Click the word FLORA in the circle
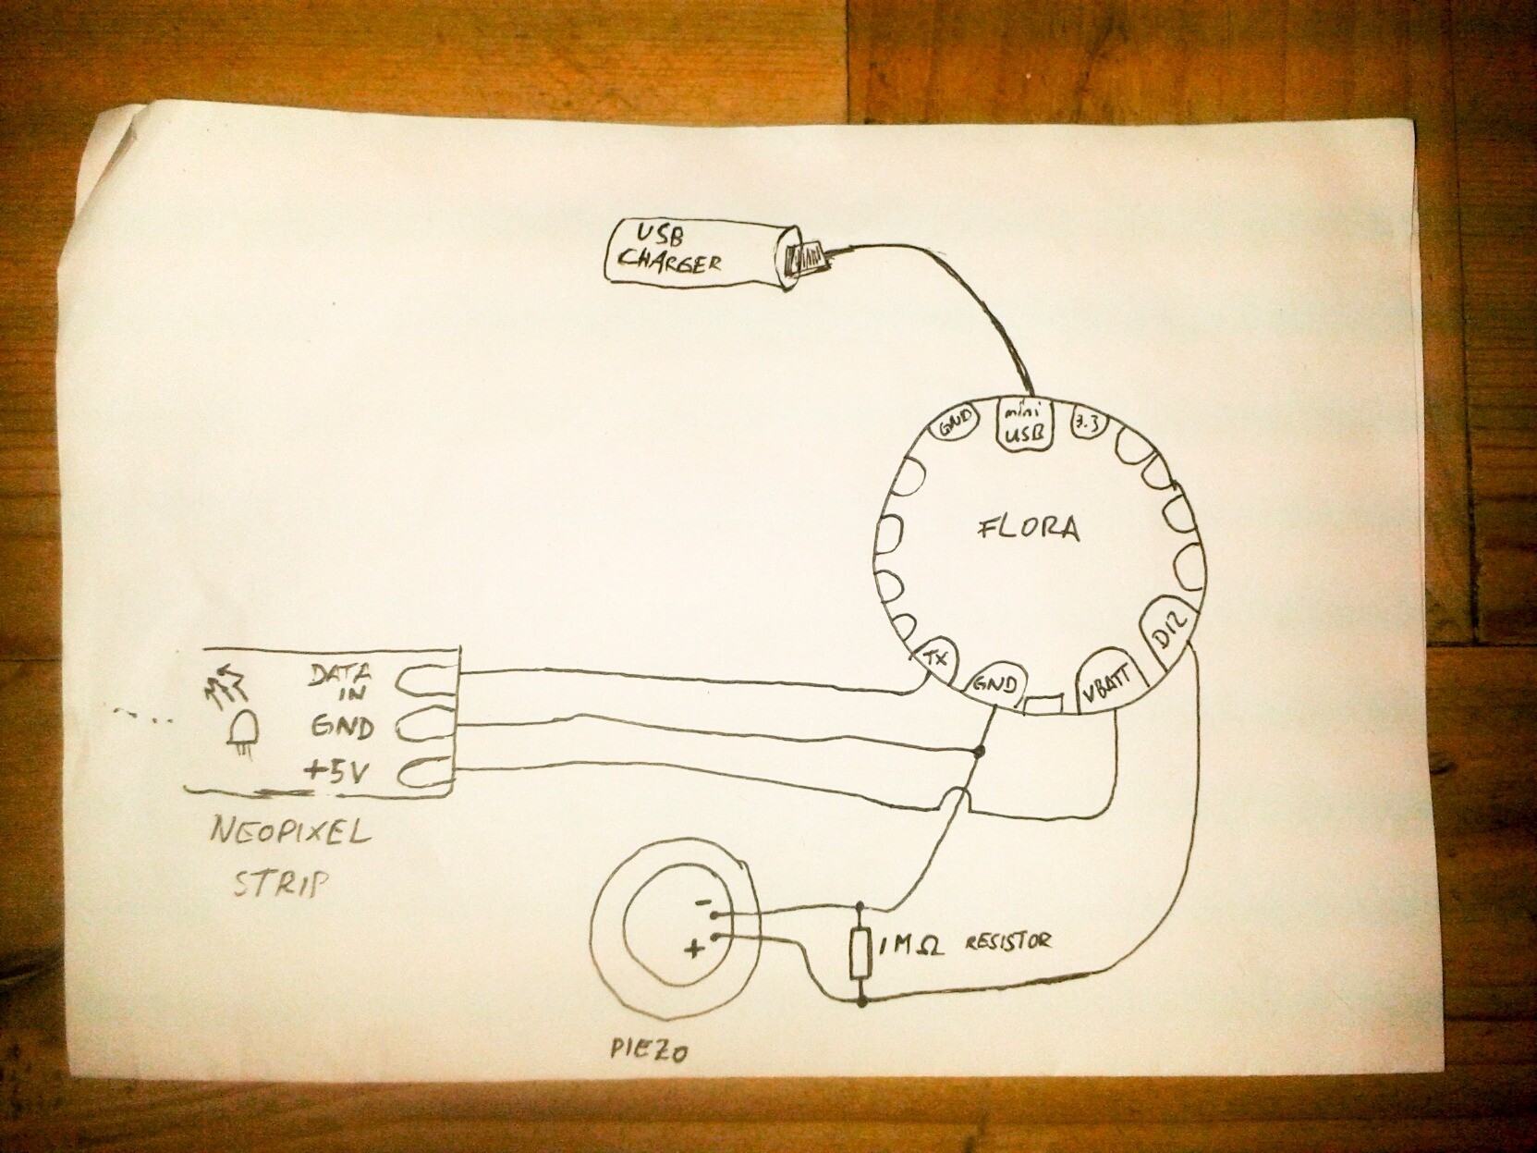(1028, 529)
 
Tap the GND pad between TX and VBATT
(996, 684)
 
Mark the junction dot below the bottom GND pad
(980, 752)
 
